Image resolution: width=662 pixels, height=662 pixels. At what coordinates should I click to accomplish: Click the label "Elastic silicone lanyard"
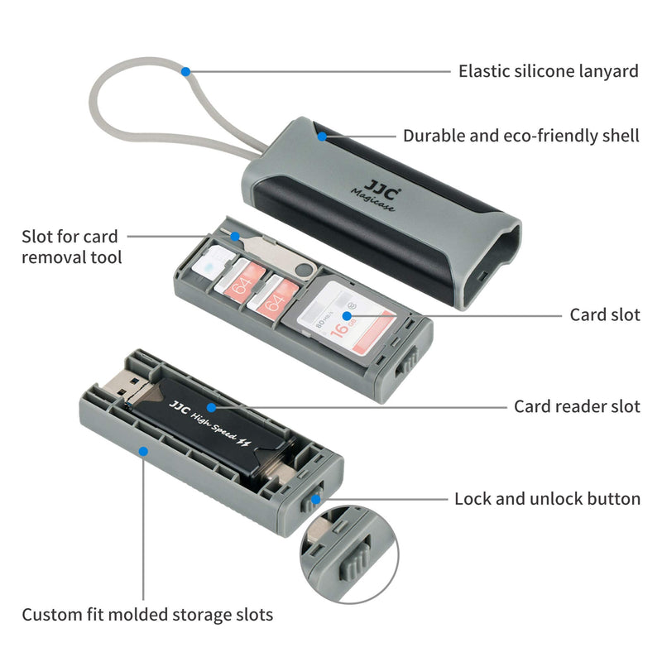549,71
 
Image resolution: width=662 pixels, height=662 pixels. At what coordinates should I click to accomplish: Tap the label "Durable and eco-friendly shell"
521,136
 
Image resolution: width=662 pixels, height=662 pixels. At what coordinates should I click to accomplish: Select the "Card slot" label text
605,315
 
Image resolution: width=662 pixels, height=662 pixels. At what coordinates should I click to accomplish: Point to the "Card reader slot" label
577,406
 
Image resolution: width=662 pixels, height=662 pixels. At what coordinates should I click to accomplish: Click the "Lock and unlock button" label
547,499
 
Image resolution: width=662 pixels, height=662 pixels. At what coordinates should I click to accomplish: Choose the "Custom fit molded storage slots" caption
147,615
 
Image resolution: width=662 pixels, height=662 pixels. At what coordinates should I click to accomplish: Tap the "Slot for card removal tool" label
71,247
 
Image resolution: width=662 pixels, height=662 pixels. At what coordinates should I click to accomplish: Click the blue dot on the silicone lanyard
185,72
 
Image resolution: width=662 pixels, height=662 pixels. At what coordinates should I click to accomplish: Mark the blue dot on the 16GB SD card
347,316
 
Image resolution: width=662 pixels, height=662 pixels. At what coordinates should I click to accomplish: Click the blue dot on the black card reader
212,407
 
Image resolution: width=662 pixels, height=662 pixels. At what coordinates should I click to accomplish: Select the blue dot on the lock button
316,500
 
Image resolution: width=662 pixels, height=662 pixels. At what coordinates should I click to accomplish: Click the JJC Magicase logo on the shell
376,195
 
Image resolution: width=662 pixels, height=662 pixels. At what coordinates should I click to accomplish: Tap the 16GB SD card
346,318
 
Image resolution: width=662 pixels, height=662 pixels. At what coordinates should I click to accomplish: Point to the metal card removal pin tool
275,256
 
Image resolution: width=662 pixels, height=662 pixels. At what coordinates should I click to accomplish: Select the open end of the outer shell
491,265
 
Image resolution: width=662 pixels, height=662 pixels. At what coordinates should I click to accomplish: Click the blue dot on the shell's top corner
322,137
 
